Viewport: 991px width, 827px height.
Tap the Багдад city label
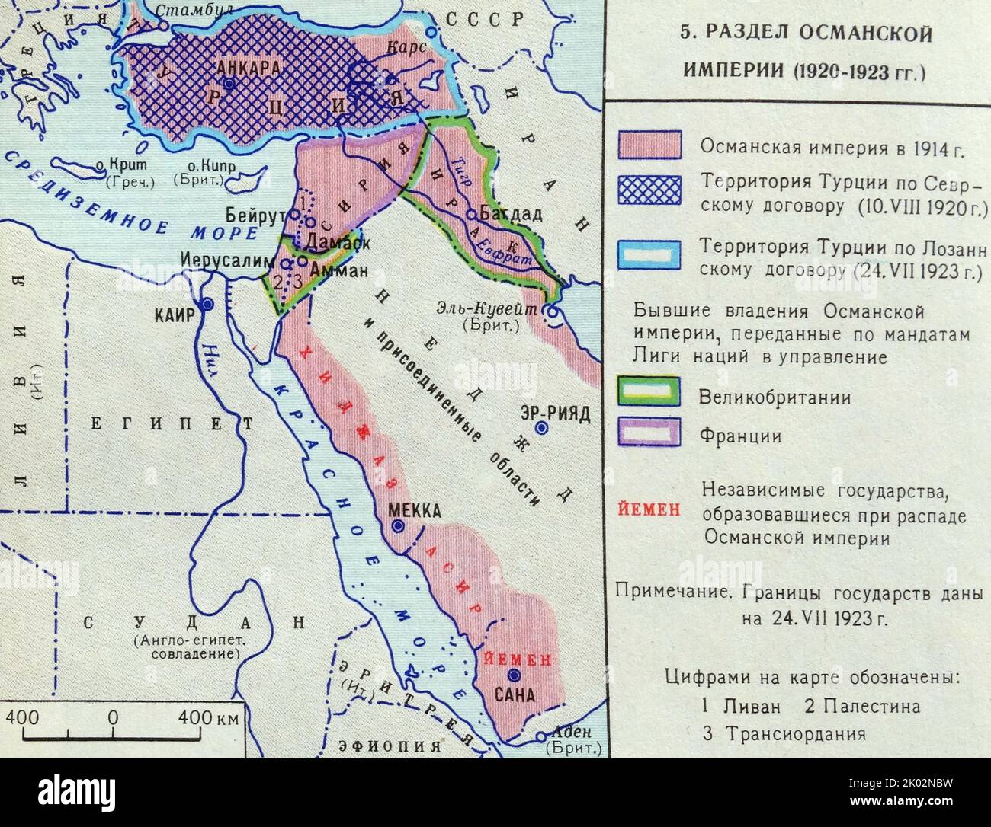tap(513, 215)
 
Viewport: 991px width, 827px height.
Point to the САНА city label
tap(515, 694)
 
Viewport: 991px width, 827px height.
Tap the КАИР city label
tap(176, 315)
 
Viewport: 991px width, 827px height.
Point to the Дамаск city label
tap(332, 242)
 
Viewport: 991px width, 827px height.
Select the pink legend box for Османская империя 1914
tap(649, 145)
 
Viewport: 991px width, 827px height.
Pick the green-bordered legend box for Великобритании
tap(649, 393)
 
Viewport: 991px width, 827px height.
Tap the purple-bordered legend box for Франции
tap(649, 432)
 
